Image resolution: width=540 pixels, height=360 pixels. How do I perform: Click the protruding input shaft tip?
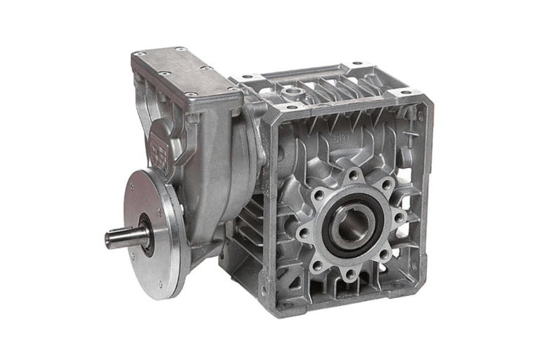pyautogui.click(x=112, y=238)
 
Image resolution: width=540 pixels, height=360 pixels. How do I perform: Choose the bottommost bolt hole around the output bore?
pyautogui.click(x=350, y=274)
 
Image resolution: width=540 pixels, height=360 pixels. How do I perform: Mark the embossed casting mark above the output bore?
pyautogui.click(x=343, y=138)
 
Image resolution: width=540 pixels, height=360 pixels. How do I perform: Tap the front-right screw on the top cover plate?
pyautogui.click(x=233, y=90)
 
